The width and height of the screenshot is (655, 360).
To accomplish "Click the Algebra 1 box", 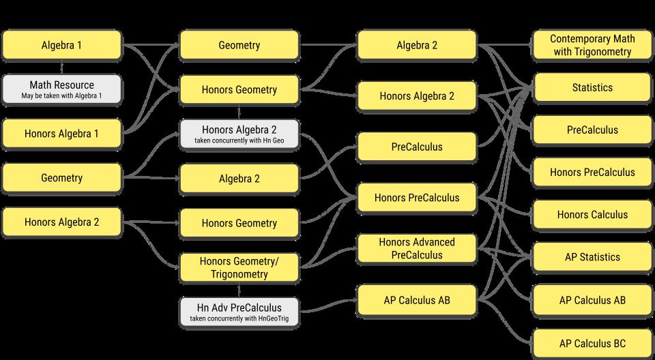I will [x=62, y=46].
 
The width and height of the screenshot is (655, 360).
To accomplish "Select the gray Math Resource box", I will [x=62, y=89].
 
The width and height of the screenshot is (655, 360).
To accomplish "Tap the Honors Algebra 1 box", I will [x=62, y=134].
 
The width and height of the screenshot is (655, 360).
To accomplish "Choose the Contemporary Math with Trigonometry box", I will [x=592, y=45].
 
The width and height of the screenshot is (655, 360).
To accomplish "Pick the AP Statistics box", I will [x=592, y=257].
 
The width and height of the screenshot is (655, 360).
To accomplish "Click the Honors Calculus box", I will [x=592, y=215].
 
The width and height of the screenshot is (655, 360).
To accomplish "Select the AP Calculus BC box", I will [x=592, y=343].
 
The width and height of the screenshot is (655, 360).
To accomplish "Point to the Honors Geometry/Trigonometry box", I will [x=239, y=267].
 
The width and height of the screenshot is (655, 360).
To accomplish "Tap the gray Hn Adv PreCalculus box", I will [x=239, y=312].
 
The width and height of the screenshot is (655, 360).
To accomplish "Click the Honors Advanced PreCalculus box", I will [x=416, y=248].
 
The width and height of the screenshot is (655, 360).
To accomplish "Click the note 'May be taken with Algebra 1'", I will [x=62, y=96].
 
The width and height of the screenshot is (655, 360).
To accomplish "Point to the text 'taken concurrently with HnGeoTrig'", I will [x=239, y=319].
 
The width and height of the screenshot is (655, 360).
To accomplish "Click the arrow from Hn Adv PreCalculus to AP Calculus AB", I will [x=327, y=304].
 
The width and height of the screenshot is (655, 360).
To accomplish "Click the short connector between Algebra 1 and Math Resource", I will [x=62, y=67].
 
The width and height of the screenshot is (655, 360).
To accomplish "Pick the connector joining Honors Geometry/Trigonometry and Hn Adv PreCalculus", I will [x=239, y=290].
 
